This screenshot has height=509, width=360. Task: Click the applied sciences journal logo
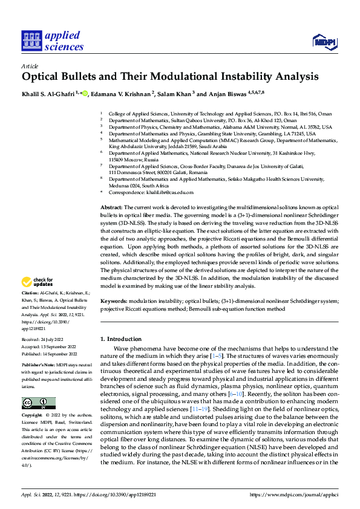53,41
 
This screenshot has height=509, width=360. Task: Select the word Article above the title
30,66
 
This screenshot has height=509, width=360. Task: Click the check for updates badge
38,282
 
